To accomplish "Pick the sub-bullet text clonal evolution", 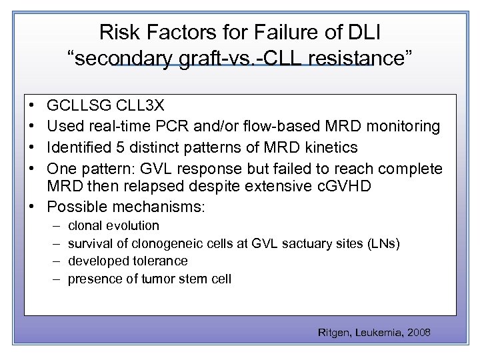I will click(113, 225).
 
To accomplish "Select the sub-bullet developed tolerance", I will click(128, 261).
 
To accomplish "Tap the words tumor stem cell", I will click(187, 279).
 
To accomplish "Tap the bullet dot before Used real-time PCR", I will click(32, 126).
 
